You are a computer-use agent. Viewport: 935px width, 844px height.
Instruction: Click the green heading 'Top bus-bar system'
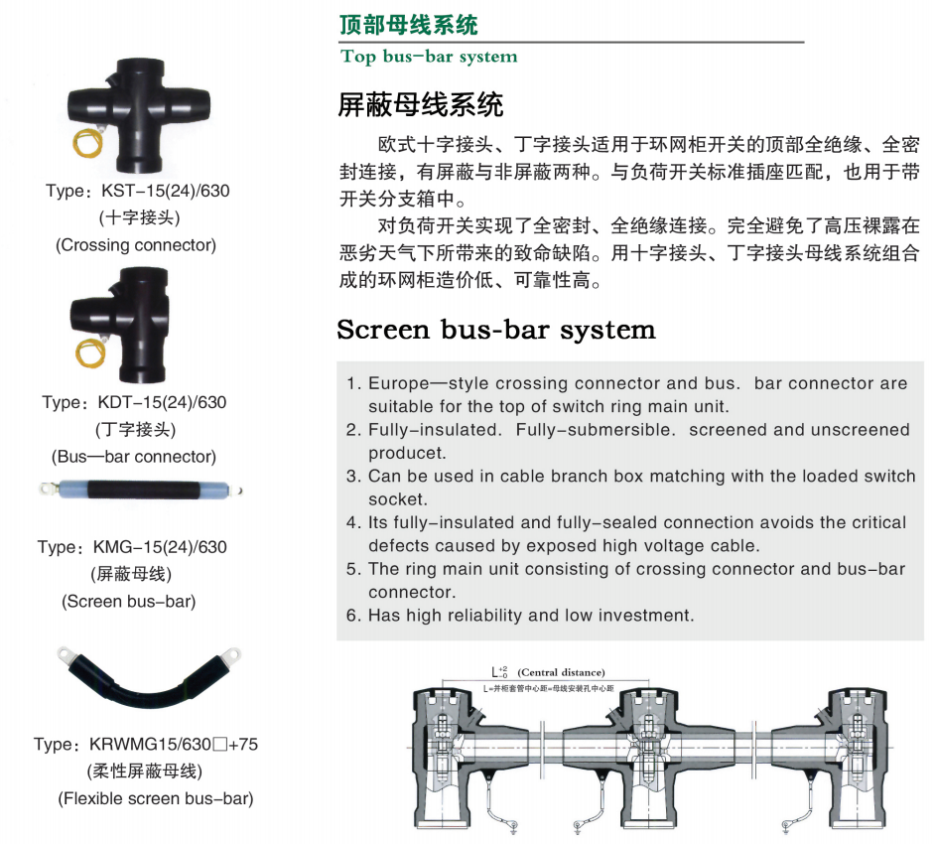click(x=429, y=57)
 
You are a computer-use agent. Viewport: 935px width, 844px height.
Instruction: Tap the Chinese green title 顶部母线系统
click(x=409, y=25)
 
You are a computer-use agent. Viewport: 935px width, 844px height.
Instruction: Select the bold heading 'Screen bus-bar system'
click(x=496, y=330)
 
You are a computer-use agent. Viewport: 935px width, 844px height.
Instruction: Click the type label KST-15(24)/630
click(x=165, y=191)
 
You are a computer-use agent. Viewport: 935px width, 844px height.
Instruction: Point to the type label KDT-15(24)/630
click(x=162, y=402)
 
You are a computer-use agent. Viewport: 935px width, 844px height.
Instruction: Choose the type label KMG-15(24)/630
click(x=160, y=547)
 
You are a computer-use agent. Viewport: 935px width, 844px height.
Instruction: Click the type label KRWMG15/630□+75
click(x=174, y=745)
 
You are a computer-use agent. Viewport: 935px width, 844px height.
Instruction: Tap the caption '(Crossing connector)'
click(x=136, y=245)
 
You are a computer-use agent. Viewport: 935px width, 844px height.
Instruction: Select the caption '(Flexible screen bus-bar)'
click(x=156, y=798)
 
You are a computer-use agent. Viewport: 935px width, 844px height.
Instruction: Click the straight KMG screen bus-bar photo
click(x=141, y=491)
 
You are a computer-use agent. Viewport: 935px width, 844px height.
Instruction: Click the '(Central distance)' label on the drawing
click(x=561, y=672)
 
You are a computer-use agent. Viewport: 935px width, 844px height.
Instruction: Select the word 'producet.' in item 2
click(x=407, y=454)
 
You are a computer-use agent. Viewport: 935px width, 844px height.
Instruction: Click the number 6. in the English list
click(x=353, y=616)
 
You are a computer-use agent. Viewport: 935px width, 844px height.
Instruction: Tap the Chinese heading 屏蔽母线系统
click(x=421, y=105)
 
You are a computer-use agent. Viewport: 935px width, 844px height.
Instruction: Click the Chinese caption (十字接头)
click(x=140, y=217)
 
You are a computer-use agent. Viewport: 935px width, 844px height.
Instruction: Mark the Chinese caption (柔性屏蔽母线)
click(x=145, y=772)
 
